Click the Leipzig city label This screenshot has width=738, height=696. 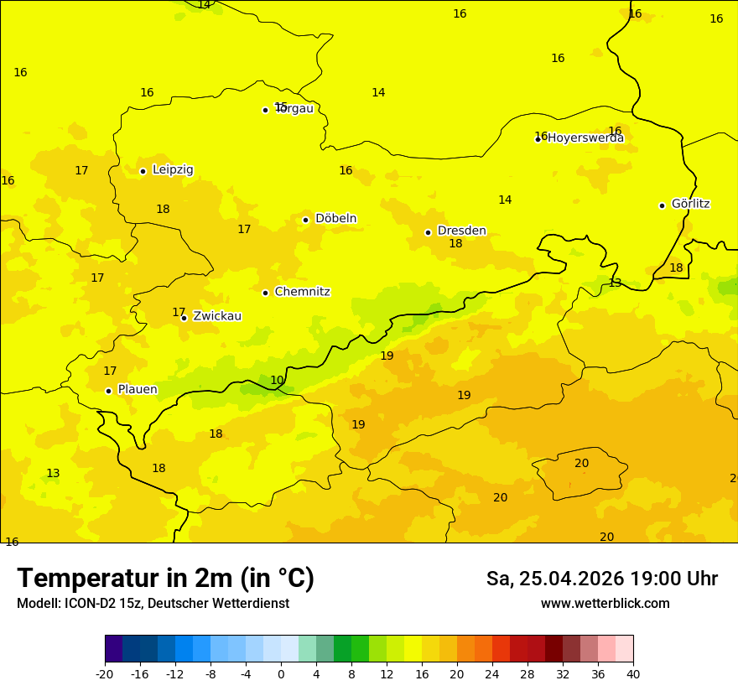173,170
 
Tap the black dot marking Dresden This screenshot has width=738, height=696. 428,232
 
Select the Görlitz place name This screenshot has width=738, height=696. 690,204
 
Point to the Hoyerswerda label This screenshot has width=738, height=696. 585,138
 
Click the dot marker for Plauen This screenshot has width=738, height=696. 108,391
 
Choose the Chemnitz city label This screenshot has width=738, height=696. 302,292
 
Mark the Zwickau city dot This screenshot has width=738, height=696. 184,318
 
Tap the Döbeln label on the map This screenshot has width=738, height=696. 335,219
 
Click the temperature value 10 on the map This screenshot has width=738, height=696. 277,380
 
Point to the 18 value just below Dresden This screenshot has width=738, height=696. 455,244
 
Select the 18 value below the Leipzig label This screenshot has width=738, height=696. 163,209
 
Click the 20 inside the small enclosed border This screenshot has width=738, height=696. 581,463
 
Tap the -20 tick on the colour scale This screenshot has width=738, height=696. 105,673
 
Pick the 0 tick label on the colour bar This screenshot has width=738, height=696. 281,673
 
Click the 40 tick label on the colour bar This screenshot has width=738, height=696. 633,673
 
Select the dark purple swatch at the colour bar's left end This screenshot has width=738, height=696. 113,649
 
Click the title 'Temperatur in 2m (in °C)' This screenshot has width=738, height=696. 165,579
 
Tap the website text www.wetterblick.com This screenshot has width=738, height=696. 605,604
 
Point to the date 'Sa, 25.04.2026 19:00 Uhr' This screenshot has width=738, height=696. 601,579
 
